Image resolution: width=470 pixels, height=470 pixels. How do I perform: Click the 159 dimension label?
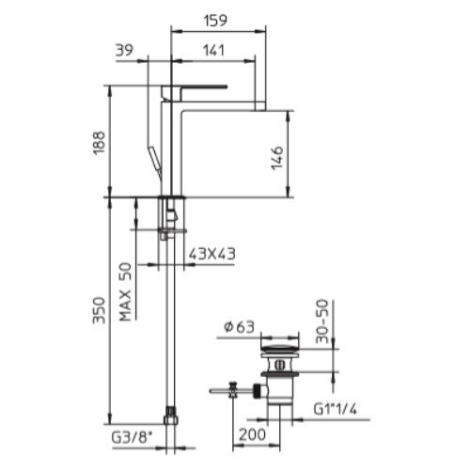click(x=215, y=21)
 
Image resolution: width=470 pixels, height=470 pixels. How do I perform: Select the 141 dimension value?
click(x=213, y=50)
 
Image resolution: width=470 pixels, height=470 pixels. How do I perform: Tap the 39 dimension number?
click(x=124, y=50)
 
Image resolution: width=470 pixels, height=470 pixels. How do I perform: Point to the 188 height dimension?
click(x=100, y=143)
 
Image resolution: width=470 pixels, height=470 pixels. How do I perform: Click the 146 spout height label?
click(x=277, y=158)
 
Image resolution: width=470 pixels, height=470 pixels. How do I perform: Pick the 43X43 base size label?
click(x=211, y=254)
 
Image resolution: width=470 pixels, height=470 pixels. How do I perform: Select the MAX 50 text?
click(x=126, y=291)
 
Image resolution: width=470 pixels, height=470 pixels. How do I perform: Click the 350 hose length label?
click(x=100, y=310)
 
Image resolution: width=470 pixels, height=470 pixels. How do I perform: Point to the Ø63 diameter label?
click(x=239, y=327)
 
